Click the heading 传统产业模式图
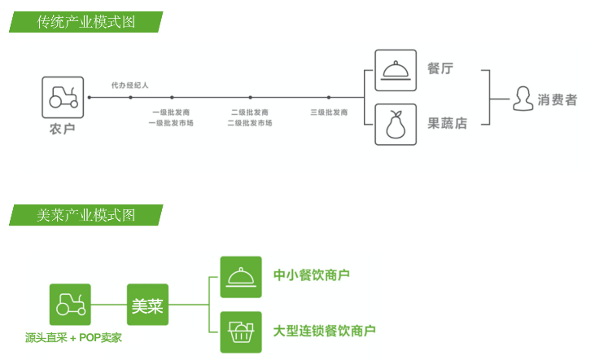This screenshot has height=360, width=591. coord(85,22)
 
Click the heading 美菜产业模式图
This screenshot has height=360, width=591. coord(85,215)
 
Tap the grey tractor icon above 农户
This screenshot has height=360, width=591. coord(63,96)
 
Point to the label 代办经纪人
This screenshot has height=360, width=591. coord(130,85)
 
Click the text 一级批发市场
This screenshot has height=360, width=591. coord(171,123)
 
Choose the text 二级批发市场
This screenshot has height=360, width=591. coord(250,123)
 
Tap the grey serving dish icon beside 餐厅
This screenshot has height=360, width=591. coord(396,70)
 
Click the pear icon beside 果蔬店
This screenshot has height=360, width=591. coord(396,124)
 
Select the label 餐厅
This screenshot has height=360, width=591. coord(440,69)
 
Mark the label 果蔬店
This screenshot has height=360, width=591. coord(448,124)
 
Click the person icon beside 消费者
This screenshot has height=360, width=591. coord(523,99)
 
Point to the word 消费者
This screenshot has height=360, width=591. coord(558,99)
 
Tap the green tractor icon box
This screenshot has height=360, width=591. coord(69,305)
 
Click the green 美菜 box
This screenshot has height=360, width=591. coord(148,305)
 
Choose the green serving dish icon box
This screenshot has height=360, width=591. coord(241,277)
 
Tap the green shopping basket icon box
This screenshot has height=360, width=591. coord(241,331)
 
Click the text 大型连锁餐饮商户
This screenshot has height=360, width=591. coord(325,331)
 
